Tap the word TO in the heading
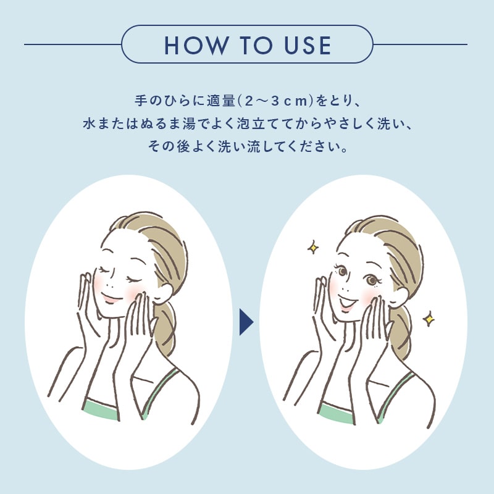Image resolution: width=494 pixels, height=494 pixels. tap(256, 45)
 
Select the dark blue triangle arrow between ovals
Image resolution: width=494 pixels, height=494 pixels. tap(246, 322)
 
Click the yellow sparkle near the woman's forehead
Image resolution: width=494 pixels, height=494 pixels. tap(313, 248)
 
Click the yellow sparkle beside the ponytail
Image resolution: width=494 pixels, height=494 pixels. tap(429, 319)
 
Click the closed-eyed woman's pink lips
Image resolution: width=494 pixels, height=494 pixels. tap(110, 297)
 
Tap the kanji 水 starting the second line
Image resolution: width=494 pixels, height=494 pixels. tap(89, 124)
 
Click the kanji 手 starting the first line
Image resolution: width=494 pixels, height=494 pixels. tap(141, 101)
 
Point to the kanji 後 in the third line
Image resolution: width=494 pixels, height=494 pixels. tap(183, 146)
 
